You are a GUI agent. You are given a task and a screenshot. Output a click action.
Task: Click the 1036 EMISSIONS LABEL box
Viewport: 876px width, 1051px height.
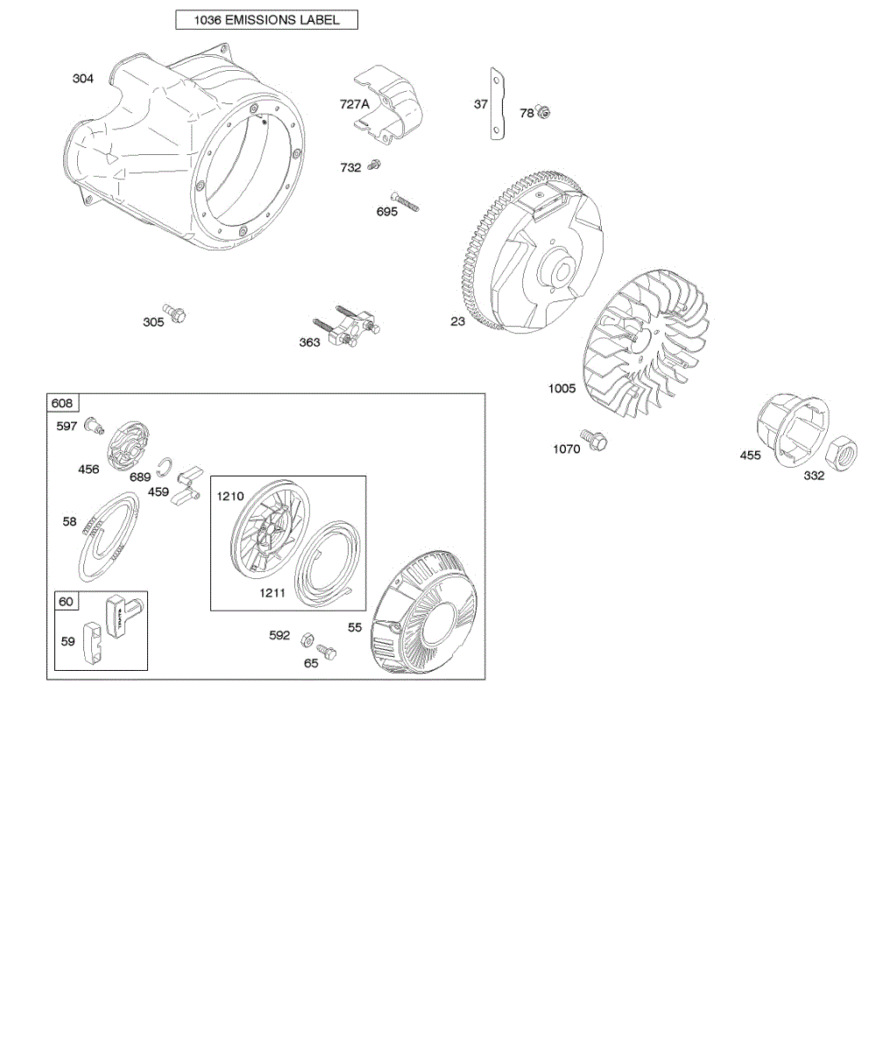pyautogui.click(x=266, y=19)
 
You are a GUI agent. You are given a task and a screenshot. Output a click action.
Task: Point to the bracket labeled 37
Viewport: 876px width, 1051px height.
pyautogui.click(x=498, y=103)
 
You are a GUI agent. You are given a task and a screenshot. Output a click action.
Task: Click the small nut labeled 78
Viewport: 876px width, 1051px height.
pyautogui.click(x=543, y=112)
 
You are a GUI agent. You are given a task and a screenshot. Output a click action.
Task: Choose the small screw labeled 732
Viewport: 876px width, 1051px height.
pyautogui.click(x=376, y=164)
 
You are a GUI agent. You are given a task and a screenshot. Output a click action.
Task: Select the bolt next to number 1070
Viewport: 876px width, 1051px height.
pyautogui.click(x=594, y=440)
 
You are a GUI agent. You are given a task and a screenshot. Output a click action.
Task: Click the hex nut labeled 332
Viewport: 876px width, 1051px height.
pyautogui.click(x=842, y=452)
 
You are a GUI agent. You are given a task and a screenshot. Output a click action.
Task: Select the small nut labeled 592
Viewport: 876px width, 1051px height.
pyautogui.click(x=307, y=638)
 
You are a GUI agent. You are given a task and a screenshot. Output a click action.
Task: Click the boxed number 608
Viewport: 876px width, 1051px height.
pyautogui.click(x=63, y=403)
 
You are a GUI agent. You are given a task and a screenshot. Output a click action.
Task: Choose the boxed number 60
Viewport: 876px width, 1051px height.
pyautogui.click(x=66, y=601)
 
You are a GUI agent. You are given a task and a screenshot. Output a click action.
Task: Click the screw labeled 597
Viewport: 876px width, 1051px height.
pyautogui.click(x=92, y=427)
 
